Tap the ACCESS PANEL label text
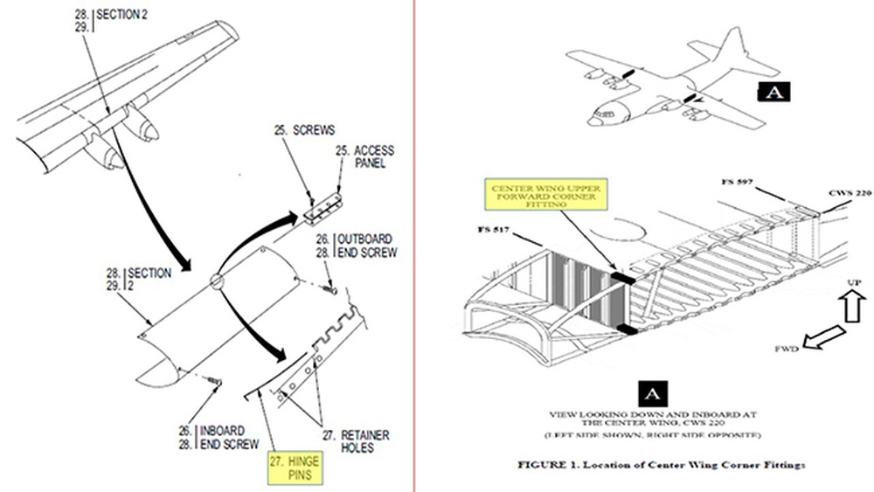(x=367, y=156)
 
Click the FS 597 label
(x=737, y=183)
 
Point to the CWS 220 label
(x=849, y=194)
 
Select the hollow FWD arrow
(x=824, y=338)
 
